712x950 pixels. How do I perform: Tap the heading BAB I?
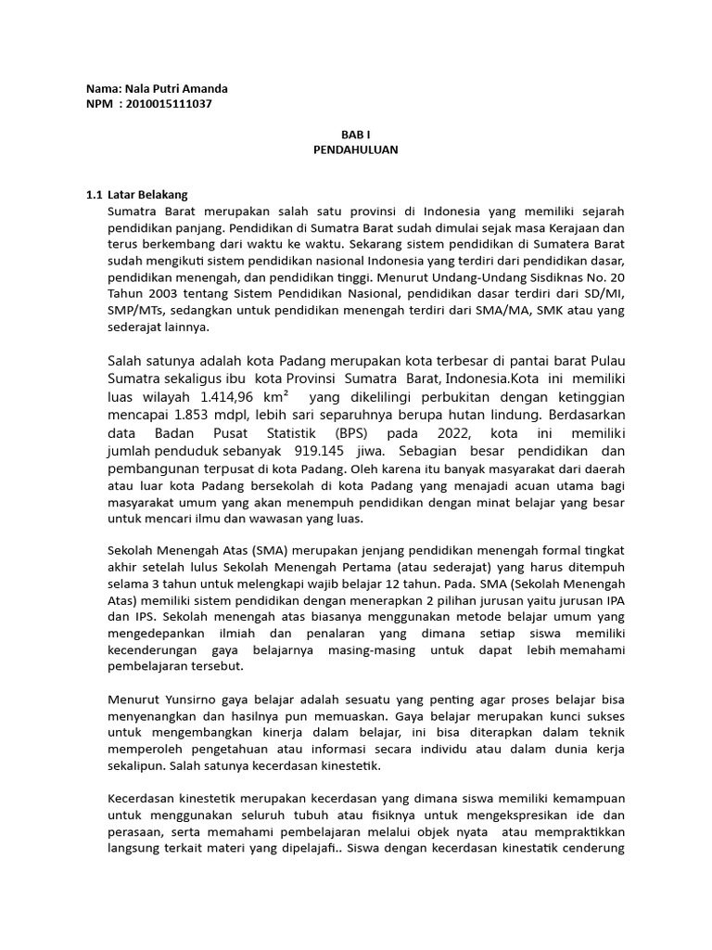(355, 135)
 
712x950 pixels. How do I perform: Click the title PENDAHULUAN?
(355, 149)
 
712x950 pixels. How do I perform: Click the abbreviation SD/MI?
(604, 293)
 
